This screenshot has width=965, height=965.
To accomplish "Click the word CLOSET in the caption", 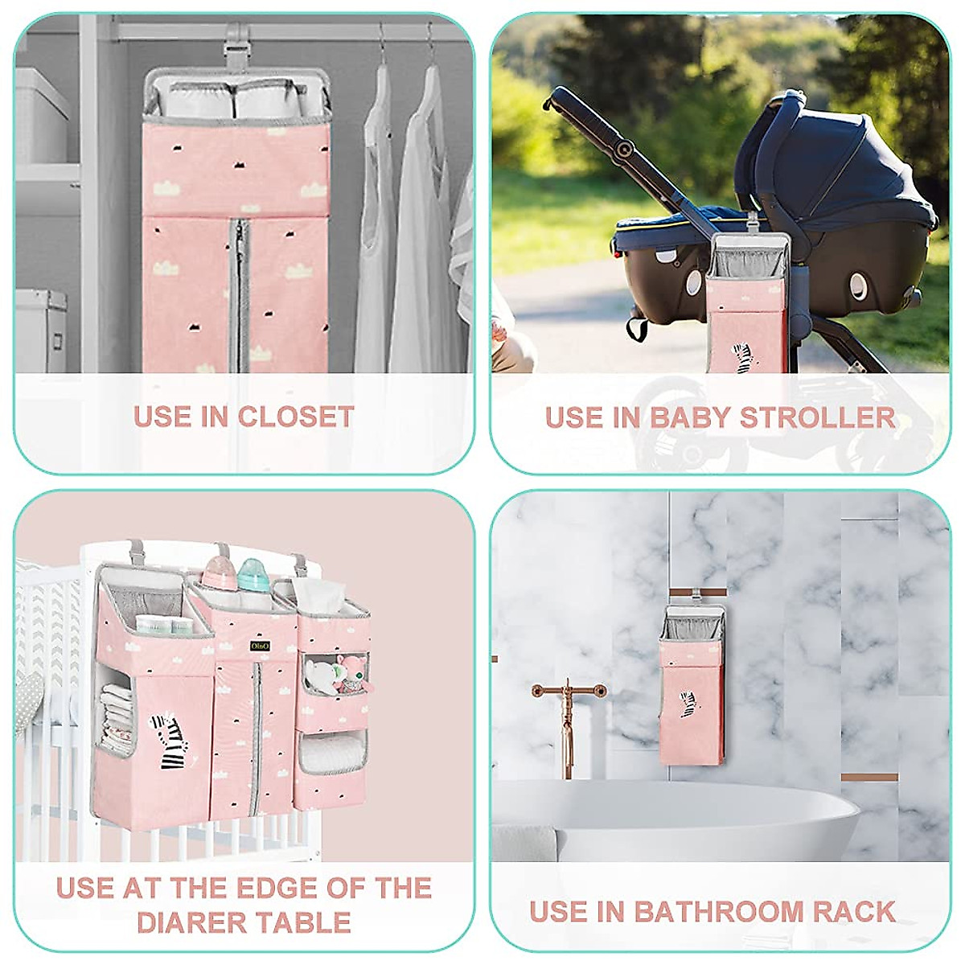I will click(x=295, y=417).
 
